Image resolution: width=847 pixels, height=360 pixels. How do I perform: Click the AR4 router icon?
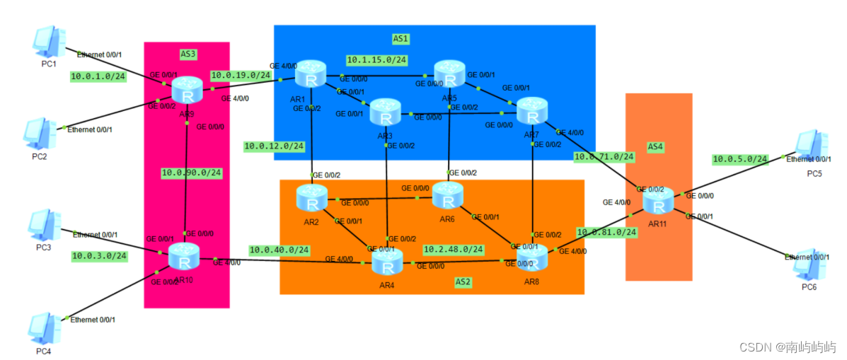pos(386,265)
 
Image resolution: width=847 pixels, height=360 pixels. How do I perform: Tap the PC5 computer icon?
pos(812,146)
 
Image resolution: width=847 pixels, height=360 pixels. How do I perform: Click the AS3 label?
pos(188,53)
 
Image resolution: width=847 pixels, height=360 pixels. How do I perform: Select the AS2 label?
pos(463,281)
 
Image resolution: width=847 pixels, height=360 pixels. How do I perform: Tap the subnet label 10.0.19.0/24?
pos(241,74)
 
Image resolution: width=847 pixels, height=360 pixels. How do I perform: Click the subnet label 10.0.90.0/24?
pos(191,172)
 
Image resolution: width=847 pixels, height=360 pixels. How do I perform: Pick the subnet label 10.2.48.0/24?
pos(453,249)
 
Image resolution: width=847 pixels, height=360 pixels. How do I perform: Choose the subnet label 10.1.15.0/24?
pos(376,59)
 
